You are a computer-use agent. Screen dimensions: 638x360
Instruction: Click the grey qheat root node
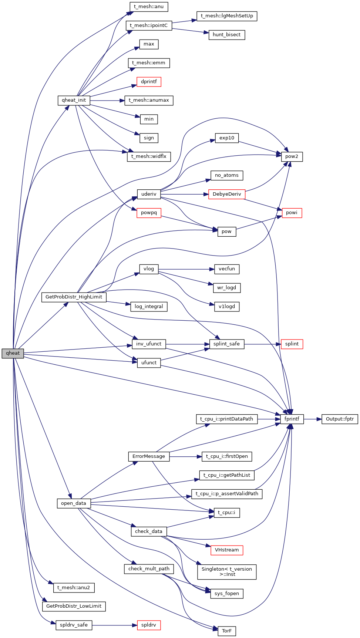[x=13, y=353]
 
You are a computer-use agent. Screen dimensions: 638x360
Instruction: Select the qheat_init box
[x=74, y=100]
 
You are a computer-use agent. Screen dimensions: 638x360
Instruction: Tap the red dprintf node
[x=149, y=82]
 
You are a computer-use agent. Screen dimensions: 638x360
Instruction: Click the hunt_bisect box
[x=226, y=35]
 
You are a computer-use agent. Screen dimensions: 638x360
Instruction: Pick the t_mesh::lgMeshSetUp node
[x=226, y=16]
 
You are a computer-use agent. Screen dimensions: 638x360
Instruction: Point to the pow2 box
[x=292, y=156]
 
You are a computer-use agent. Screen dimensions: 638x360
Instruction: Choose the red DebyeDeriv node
[x=226, y=194]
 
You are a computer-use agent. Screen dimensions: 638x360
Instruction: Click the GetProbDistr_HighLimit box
[x=74, y=297]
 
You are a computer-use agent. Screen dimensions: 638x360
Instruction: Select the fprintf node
[x=292, y=419]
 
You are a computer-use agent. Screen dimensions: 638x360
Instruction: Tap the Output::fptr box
[x=340, y=419]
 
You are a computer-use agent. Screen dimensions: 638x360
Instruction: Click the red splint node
[x=292, y=344]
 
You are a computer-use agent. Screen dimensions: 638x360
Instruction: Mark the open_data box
[x=74, y=503]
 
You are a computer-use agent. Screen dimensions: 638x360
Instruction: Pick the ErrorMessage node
[x=149, y=456]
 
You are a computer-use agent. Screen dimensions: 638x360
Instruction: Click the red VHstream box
[x=226, y=550]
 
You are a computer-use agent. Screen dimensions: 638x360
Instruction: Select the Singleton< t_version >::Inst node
[x=226, y=572]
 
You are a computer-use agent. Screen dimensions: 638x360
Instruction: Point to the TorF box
[x=226, y=631]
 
